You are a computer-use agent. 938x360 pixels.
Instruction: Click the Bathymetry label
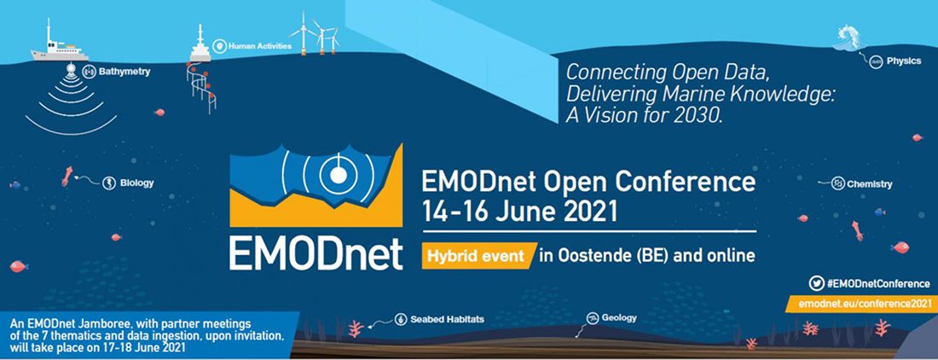coord(124,73)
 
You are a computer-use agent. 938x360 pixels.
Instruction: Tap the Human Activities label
coord(259,45)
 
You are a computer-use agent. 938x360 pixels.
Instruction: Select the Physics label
coord(904,61)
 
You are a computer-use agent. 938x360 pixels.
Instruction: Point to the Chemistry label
coord(869,184)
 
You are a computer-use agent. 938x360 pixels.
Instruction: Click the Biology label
coord(136,183)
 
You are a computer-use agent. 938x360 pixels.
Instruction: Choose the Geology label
coord(619,318)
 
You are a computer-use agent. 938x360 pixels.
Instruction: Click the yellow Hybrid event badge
coord(477,255)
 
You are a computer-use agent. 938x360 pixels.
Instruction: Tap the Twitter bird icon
coord(816,283)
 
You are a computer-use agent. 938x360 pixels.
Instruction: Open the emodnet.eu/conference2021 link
coord(859,303)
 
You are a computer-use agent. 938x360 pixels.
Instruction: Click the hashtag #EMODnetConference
coord(877,283)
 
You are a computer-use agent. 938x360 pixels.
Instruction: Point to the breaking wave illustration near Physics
coord(848,38)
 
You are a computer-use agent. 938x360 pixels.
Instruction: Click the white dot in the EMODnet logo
coord(338,175)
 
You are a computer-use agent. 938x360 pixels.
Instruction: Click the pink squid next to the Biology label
coord(65,176)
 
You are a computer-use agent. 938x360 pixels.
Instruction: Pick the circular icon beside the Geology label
coord(592,318)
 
